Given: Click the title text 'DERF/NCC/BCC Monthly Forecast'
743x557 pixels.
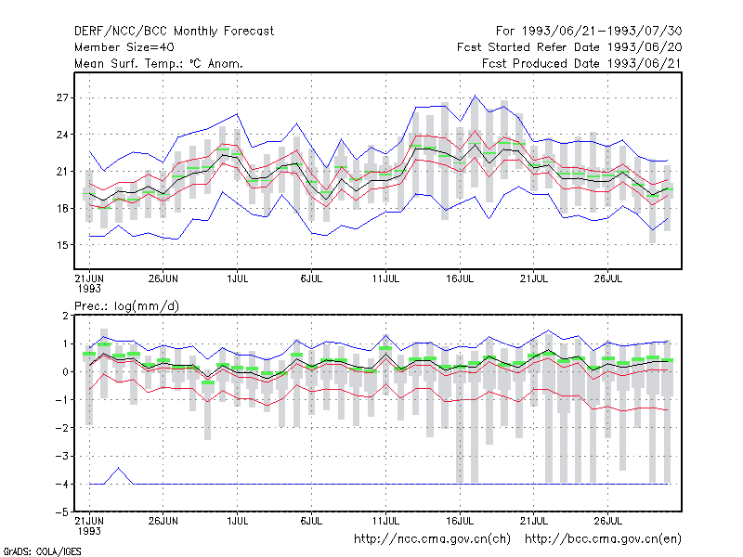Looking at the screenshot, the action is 174,32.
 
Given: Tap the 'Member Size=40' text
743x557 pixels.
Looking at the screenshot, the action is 124,47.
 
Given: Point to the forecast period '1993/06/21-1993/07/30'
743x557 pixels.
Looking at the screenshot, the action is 602,32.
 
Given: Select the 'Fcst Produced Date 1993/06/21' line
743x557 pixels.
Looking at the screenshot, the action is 582,63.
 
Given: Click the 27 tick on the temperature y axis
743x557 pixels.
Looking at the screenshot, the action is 62,98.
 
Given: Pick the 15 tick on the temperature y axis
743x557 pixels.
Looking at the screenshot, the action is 62,245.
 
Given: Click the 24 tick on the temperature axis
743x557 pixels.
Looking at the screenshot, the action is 62,135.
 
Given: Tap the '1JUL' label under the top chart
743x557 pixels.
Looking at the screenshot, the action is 238,278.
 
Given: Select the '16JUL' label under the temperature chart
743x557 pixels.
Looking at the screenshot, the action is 460,278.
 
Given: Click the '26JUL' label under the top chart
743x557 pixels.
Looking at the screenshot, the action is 608,278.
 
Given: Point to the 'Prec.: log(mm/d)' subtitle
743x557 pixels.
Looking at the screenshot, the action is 126,306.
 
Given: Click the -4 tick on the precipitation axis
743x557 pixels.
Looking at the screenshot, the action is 61,484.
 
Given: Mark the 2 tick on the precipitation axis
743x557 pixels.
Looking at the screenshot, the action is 65,316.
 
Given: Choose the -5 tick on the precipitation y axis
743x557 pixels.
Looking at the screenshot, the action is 61,512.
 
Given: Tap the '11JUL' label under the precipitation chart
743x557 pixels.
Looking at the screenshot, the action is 385,521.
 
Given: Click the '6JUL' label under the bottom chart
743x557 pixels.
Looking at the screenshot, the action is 311,521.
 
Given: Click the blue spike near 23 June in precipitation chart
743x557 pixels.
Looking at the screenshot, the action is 119,469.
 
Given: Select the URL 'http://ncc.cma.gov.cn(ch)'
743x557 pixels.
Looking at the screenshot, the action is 432,539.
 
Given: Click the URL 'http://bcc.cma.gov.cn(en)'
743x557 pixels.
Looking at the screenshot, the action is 603,539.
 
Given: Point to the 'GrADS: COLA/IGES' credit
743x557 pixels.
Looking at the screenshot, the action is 42,551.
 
